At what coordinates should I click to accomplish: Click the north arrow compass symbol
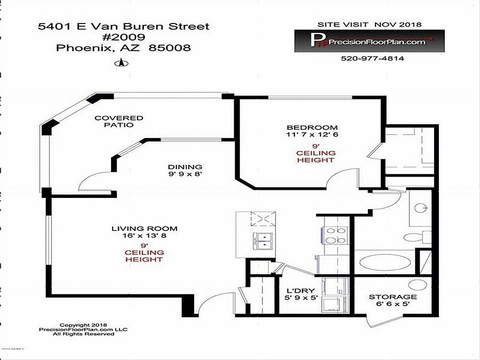point(122,63)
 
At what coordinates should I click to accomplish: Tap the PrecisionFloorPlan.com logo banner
point(370,41)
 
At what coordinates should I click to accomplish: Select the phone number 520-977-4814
point(372,58)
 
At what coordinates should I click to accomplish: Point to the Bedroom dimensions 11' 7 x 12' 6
point(312,134)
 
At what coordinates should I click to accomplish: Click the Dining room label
point(185,167)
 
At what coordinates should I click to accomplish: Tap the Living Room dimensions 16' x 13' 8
point(144,236)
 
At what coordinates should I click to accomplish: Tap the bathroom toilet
point(417,237)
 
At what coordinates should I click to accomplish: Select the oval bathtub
point(385,262)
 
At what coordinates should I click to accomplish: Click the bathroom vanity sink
point(421,208)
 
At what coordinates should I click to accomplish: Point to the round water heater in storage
point(418,285)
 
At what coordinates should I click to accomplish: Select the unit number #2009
point(123,37)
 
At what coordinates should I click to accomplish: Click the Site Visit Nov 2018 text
point(370,25)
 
